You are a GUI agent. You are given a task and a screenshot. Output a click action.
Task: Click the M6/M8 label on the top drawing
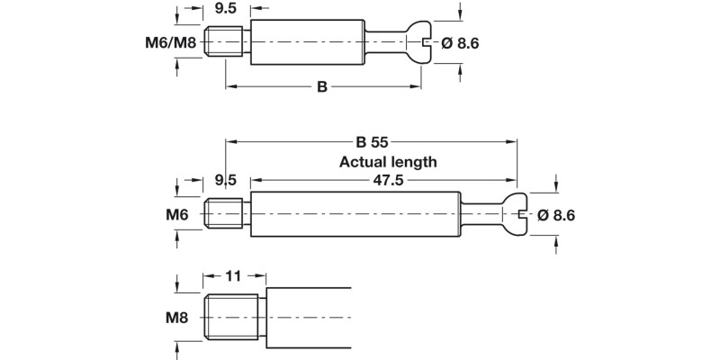pyautogui.click(x=168, y=42)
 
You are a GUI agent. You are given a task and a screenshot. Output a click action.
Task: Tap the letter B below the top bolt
pyautogui.click(x=321, y=87)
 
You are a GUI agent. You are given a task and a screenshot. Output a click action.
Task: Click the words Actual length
pyautogui.click(x=388, y=163)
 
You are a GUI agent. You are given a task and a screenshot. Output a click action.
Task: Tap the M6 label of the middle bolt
pyautogui.click(x=176, y=215)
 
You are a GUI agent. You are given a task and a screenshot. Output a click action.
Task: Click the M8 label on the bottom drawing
pyautogui.click(x=176, y=317)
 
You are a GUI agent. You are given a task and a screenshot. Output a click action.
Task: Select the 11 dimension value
pyautogui.click(x=233, y=277)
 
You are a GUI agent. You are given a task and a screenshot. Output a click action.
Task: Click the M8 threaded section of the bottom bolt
pyautogui.click(x=233, y=317)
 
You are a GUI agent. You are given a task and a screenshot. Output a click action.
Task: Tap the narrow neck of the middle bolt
pyautogui.click(x=481, y=215)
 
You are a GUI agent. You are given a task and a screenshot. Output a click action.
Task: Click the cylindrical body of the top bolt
pyautogui.click(x=306, y=42)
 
